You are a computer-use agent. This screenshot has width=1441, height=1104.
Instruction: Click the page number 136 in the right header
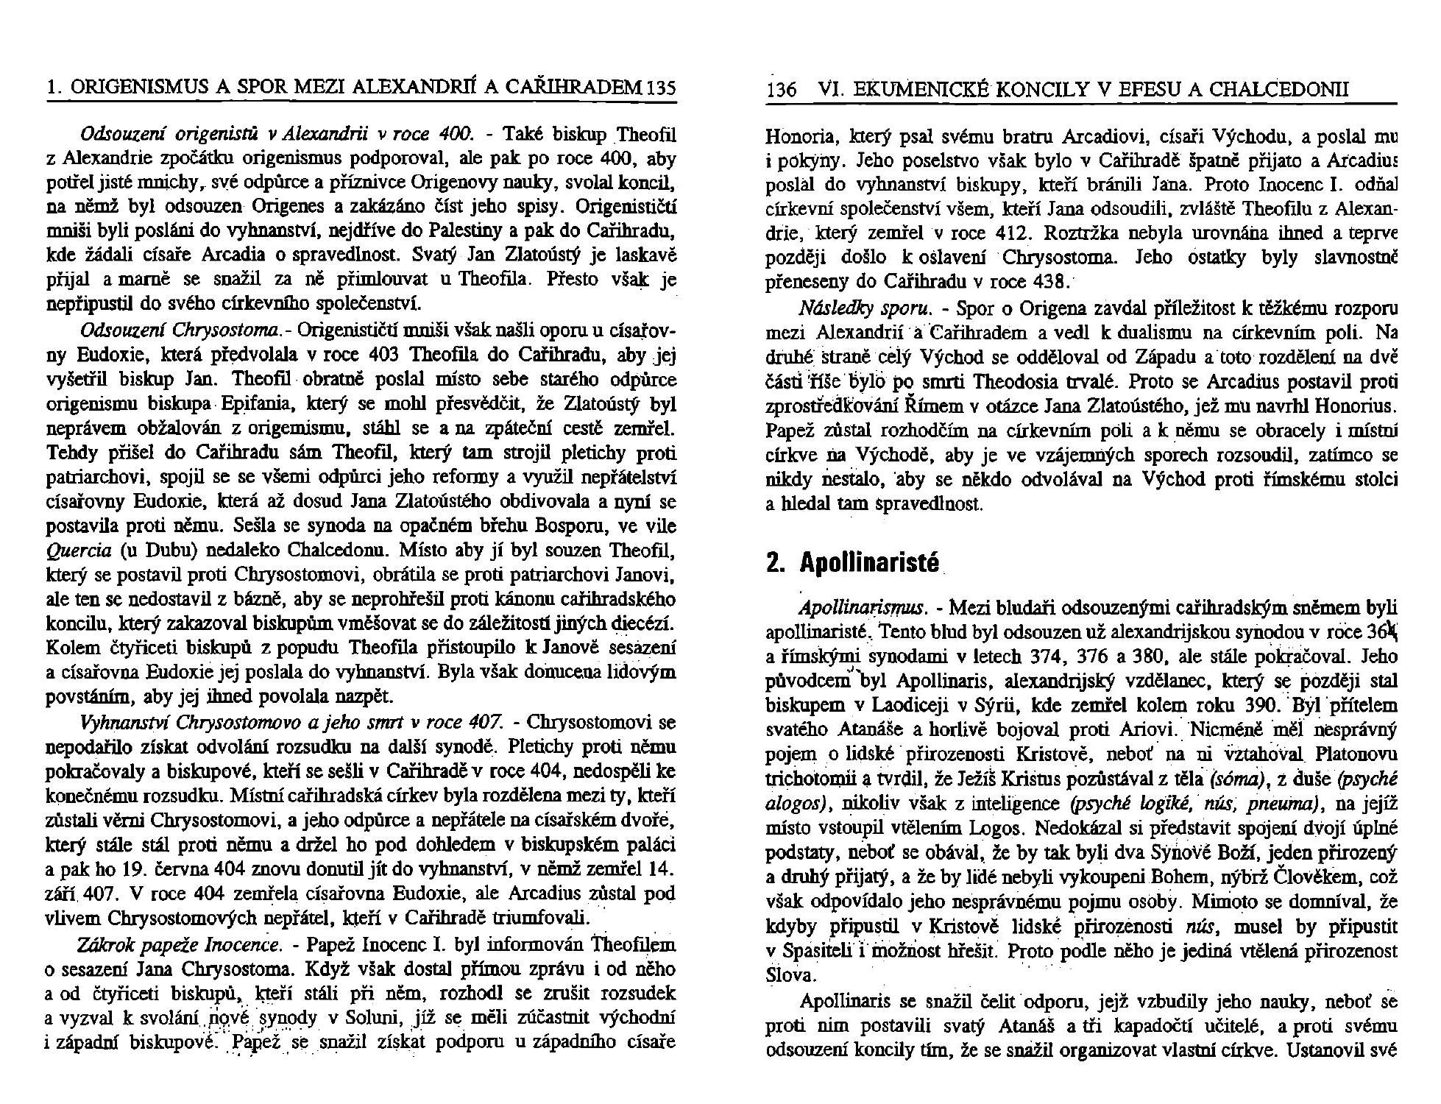782,91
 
